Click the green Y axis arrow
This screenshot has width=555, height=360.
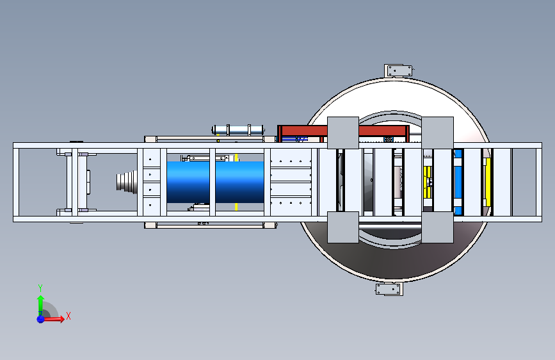click(40, 305)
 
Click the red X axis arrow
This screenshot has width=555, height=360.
click(53, 319)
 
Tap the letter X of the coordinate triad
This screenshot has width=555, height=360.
click(68, 316)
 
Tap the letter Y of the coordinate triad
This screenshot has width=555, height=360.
click(40, 288)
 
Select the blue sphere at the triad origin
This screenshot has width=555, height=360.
click(40, 319)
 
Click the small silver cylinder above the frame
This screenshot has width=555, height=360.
click(238, 129)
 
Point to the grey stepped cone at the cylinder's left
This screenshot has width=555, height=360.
click(127, 182)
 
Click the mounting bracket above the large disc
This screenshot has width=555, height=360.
click(399, 70)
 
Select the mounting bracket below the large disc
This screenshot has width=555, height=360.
click(389, 289)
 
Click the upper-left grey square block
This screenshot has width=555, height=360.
click(343, 133)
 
